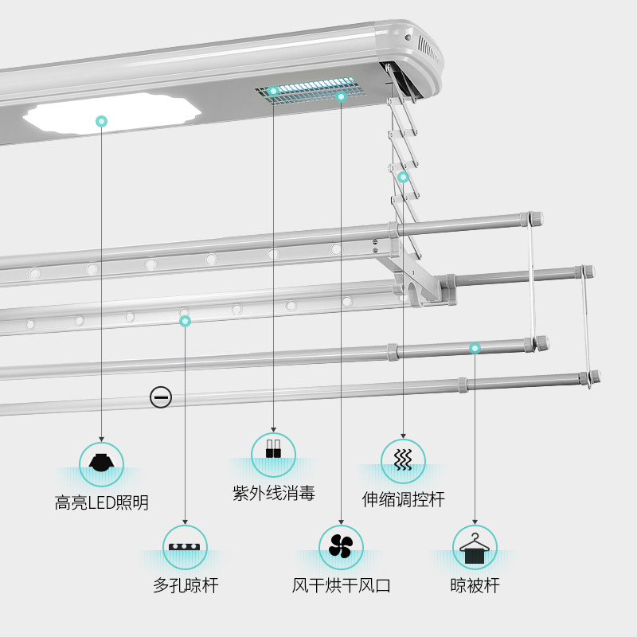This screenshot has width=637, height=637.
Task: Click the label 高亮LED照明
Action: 102,502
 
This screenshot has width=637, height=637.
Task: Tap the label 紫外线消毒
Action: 273,493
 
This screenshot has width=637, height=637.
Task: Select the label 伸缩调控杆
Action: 403,499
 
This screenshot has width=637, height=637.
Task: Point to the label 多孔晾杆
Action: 186,585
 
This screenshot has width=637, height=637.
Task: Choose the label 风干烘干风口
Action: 341,585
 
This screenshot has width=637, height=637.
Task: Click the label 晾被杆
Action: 475,585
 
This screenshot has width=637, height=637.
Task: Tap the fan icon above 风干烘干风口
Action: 341,546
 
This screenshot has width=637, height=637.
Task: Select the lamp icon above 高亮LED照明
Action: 101,463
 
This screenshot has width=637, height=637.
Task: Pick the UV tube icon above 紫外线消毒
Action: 273,448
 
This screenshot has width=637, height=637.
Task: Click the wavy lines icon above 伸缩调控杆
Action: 403,459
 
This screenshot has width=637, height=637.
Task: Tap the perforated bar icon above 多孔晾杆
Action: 185,546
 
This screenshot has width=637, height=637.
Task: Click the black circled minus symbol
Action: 161,397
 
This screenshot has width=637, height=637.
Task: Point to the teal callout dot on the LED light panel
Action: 102,121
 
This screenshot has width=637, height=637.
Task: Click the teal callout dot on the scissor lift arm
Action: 403,177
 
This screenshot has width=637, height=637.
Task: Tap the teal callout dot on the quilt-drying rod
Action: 475,348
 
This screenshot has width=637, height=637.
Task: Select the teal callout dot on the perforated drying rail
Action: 185,322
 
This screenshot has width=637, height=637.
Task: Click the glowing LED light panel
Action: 112,113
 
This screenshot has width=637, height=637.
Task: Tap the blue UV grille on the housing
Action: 311,90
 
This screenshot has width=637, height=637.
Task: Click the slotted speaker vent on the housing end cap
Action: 429,50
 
